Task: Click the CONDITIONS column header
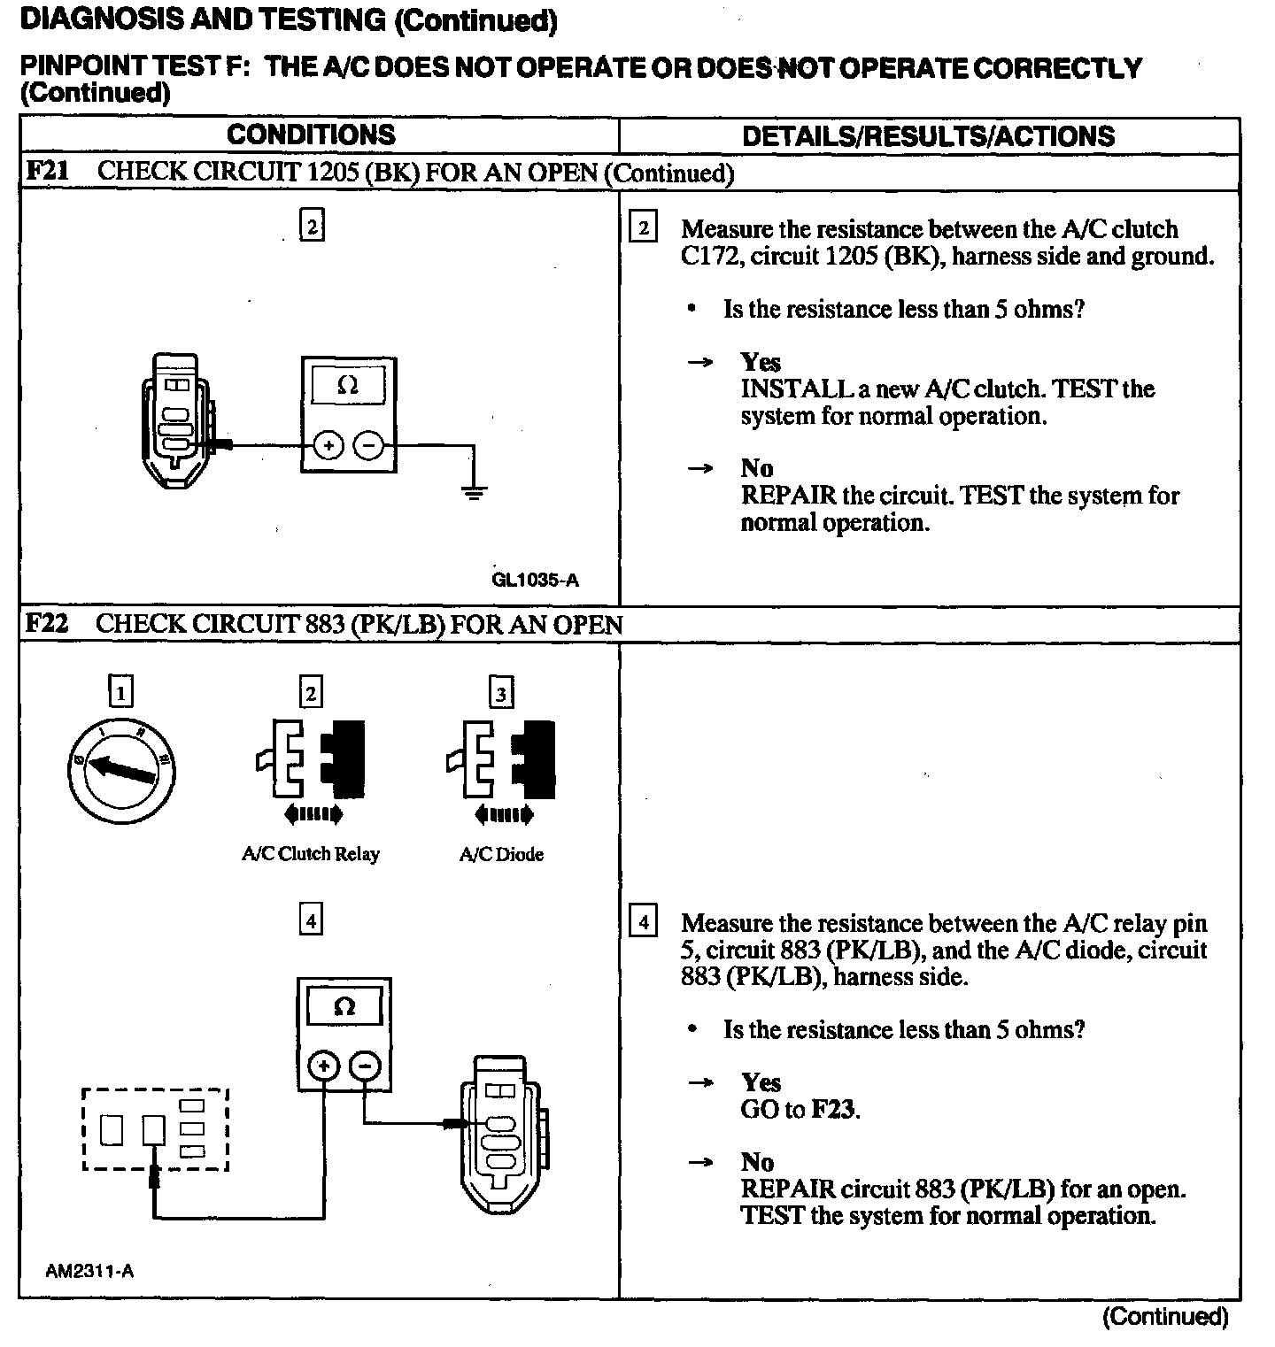click(x=311, y=135)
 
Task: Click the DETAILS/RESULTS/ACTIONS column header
click(x=928, y=135)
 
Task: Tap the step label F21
click(x=47, y=171)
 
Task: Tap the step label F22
click(x=47, y=624)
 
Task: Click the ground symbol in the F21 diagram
click(x=475, y=492)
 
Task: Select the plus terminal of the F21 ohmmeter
click(x=328, y=446)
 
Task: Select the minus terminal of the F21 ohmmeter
click(x=368, y=446)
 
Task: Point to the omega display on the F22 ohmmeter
click(x=344, y=1007)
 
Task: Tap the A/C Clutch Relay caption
click(x=310, y=854)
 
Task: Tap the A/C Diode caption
click(x=501, y=854)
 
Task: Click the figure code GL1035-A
click(x=535, y=581)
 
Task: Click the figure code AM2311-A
click(x=89, y=1271)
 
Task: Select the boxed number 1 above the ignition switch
click(x=120, y=690)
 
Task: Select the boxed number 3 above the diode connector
click(x=501, y=692)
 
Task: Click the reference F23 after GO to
click(x=835, y=1109)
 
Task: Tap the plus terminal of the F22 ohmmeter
click(x=324, y=1068)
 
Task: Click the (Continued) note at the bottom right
click(x=1165, y=1316)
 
